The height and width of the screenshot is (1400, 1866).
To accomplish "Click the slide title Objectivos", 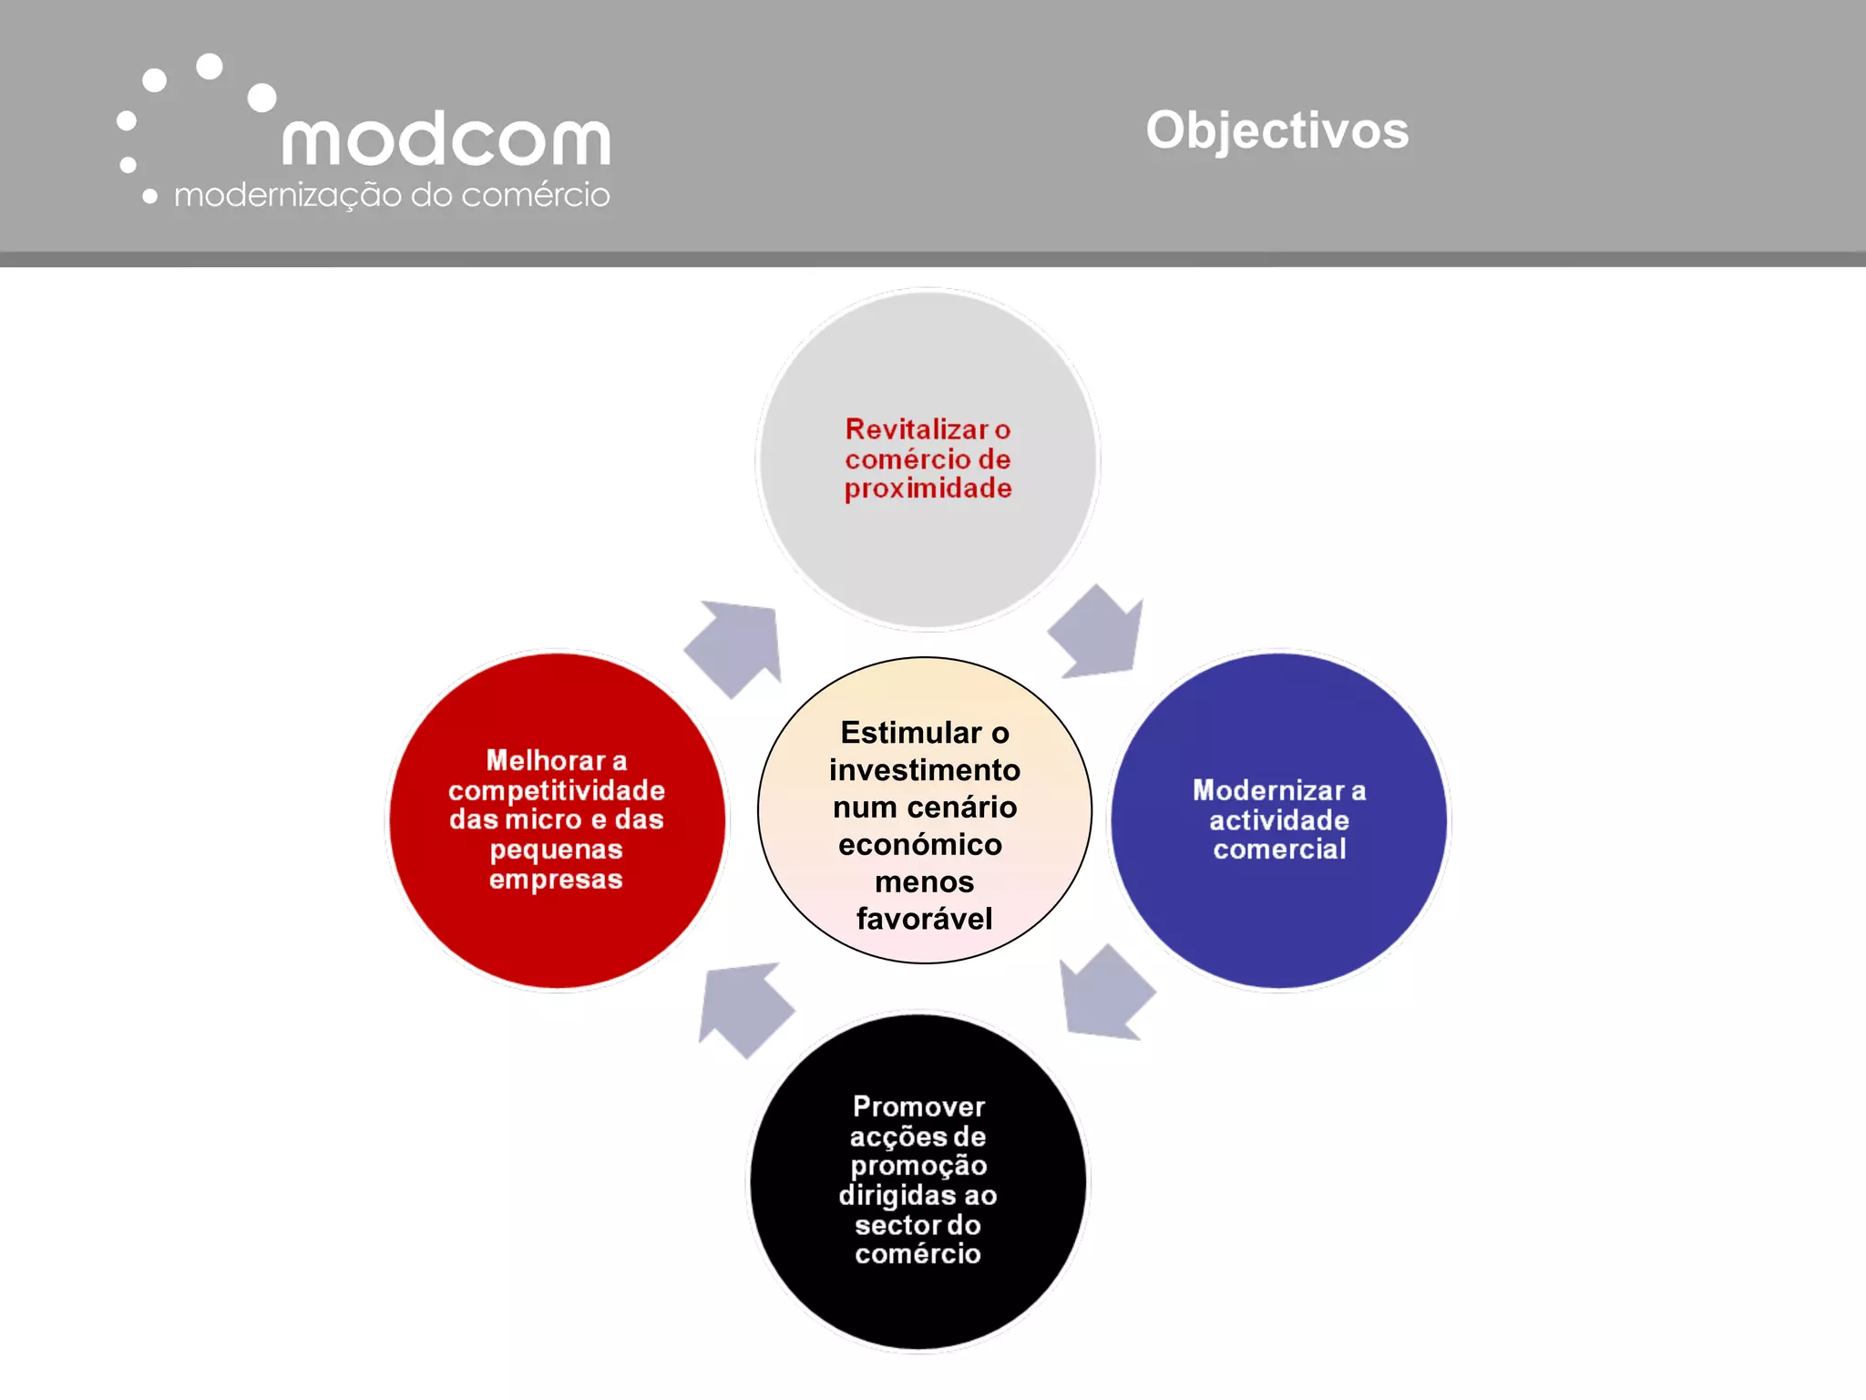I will pyautogui.click(x=1276, y=130).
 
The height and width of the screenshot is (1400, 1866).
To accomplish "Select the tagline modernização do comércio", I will pyautogui.click(x=391, y=195).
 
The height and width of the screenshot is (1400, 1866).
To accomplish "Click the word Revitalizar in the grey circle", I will pyautogui.click(x=916, y=429).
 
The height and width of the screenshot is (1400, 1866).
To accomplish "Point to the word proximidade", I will pyautogui.click(x=928, y=489).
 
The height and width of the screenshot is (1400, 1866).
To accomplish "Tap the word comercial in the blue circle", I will pyautogui.click(x=1279, y=849).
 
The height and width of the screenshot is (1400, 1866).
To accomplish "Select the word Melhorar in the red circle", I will pyautogui.click(x=546, y=760).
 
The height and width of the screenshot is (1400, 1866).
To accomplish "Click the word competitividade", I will pyautogui.click(x=556, y=790).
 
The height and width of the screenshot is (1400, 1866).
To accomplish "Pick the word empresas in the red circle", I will pyautogui.click(x=556, y=880).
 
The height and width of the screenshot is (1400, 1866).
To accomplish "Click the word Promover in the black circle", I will pyautogui.click(x=918, y=1107).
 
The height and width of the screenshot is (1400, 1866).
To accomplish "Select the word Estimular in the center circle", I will pyautogui.click(x=910, y=733).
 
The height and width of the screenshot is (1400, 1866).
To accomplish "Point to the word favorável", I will pyautogui.click(x=924, y=919).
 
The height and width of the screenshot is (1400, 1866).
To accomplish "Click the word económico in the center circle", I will pyautogui.click(x=920, y=845).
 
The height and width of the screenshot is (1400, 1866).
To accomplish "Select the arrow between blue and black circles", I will pyautogui.click(x=1105, y=994).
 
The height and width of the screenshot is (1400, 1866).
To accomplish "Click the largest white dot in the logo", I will pyautogui.click(x=262, y=98).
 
